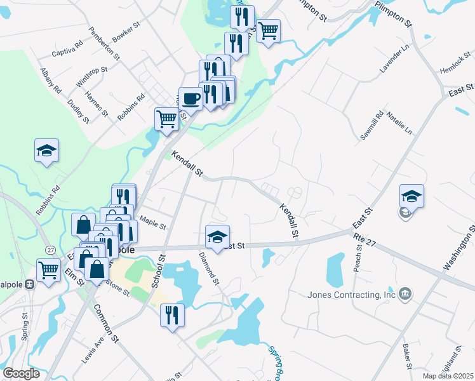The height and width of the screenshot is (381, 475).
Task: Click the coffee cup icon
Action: coord(191,98)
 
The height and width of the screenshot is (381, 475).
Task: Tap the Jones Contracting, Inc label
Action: coord(351,295)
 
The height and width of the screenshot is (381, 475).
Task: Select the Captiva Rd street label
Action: coord(68,49)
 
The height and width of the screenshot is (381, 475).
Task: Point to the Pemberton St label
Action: coord(105,43)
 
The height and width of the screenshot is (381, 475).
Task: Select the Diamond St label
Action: coord(209,269)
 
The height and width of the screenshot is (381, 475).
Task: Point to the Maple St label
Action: coord(152,224)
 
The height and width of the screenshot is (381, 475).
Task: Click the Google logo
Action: coord(21,373)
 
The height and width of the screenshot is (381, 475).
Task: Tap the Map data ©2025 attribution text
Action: coord(448,376)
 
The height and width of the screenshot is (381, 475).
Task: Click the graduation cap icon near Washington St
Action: coord(411,196)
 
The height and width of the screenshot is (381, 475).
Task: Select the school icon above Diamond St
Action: coord(217,236)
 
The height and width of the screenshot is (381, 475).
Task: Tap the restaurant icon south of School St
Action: coord(172,315)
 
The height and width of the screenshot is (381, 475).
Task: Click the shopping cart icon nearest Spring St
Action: coord(48,269)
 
